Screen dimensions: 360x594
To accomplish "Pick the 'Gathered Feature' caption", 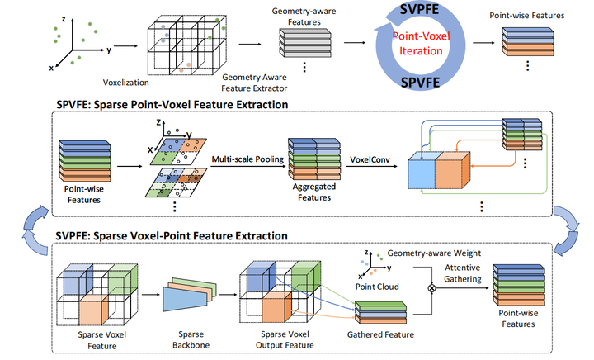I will click(382, 334).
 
